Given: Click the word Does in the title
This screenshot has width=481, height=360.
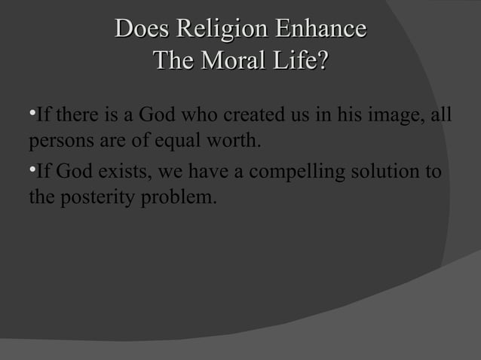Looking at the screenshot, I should point(142,29).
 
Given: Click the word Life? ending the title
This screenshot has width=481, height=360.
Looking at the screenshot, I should point(302,59).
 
